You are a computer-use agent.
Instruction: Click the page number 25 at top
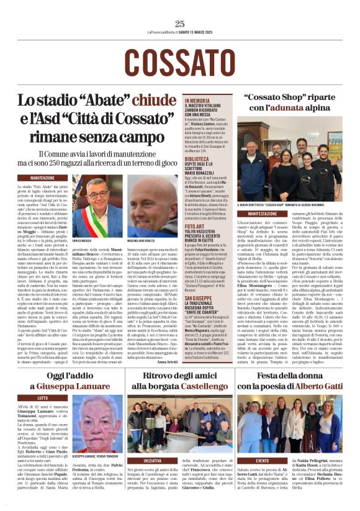tap(179, 24)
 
